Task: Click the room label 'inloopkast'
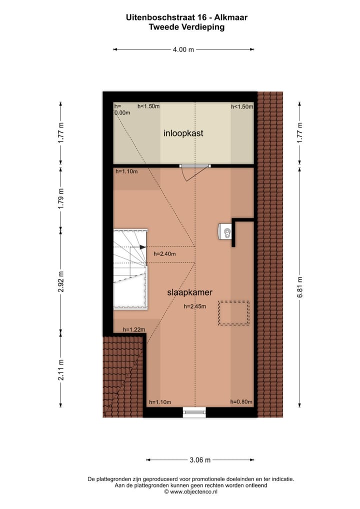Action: click(x=183, y=133)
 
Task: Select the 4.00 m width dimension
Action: click(x=183, y=49)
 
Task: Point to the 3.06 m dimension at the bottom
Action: click(x=200, y=460)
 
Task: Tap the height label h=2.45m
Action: click(x=195, y=307)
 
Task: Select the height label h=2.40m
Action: click(x=165, y=254)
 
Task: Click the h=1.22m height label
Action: click(x=134, y=329)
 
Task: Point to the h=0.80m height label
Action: click(x=241, y=401)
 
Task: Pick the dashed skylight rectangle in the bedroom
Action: click(x=233, y=313)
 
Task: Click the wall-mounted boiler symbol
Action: click(x=224, y=231)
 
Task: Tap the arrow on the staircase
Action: click(x=143, y=247)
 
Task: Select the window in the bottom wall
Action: click(x=194, y=412)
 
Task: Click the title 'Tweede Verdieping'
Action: click(x=186, y=27)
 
